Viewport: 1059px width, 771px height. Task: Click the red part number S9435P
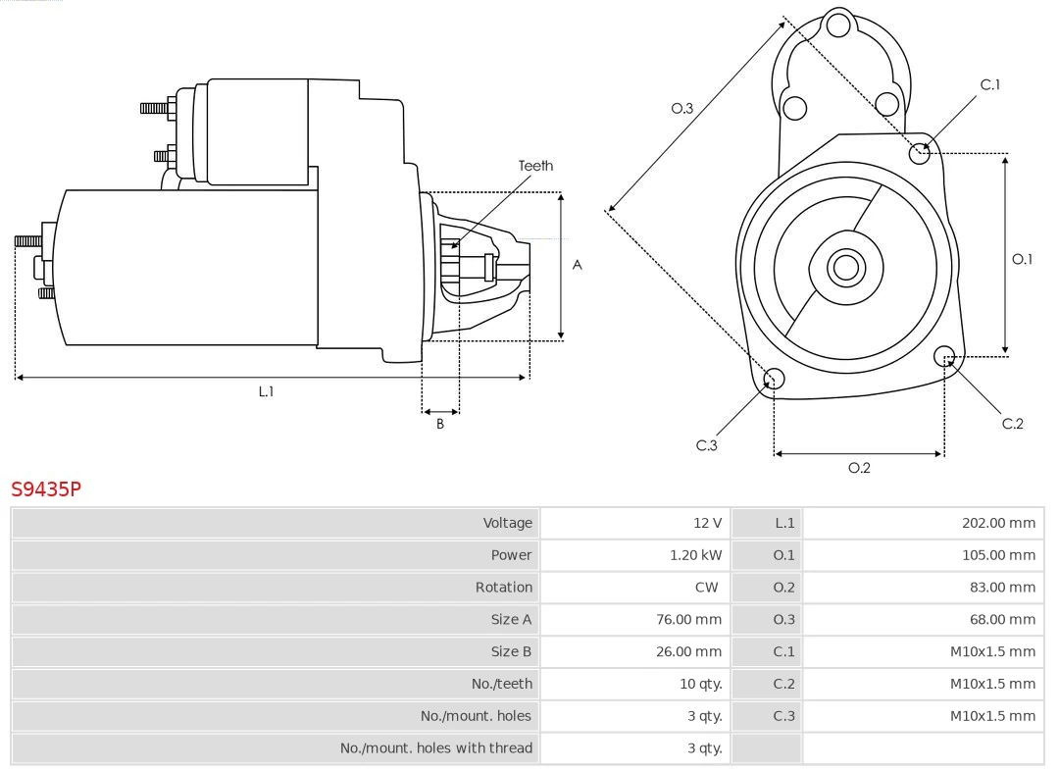[45, 488]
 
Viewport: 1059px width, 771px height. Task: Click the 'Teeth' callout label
[535, 166]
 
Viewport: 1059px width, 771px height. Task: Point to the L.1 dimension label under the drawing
[266, 391]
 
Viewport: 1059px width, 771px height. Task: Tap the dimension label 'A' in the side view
[578, 265]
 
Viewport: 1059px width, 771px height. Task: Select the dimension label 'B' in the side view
[440, 425]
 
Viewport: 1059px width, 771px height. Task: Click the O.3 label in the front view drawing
[681, 109]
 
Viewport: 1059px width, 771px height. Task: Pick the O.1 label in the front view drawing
[1022, 259]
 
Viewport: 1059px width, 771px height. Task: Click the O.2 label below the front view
[859, 468]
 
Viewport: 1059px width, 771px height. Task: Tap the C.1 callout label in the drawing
[990, 85]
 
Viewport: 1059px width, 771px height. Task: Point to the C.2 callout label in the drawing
[1012, 424]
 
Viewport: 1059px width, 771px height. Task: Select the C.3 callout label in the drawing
[707, 445]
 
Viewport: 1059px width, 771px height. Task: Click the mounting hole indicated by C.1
[920, 152]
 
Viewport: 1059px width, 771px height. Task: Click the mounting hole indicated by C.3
[774, 380]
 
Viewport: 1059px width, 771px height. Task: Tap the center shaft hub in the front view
[843, 267]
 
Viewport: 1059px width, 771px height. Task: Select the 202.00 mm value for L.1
[997, 523]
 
